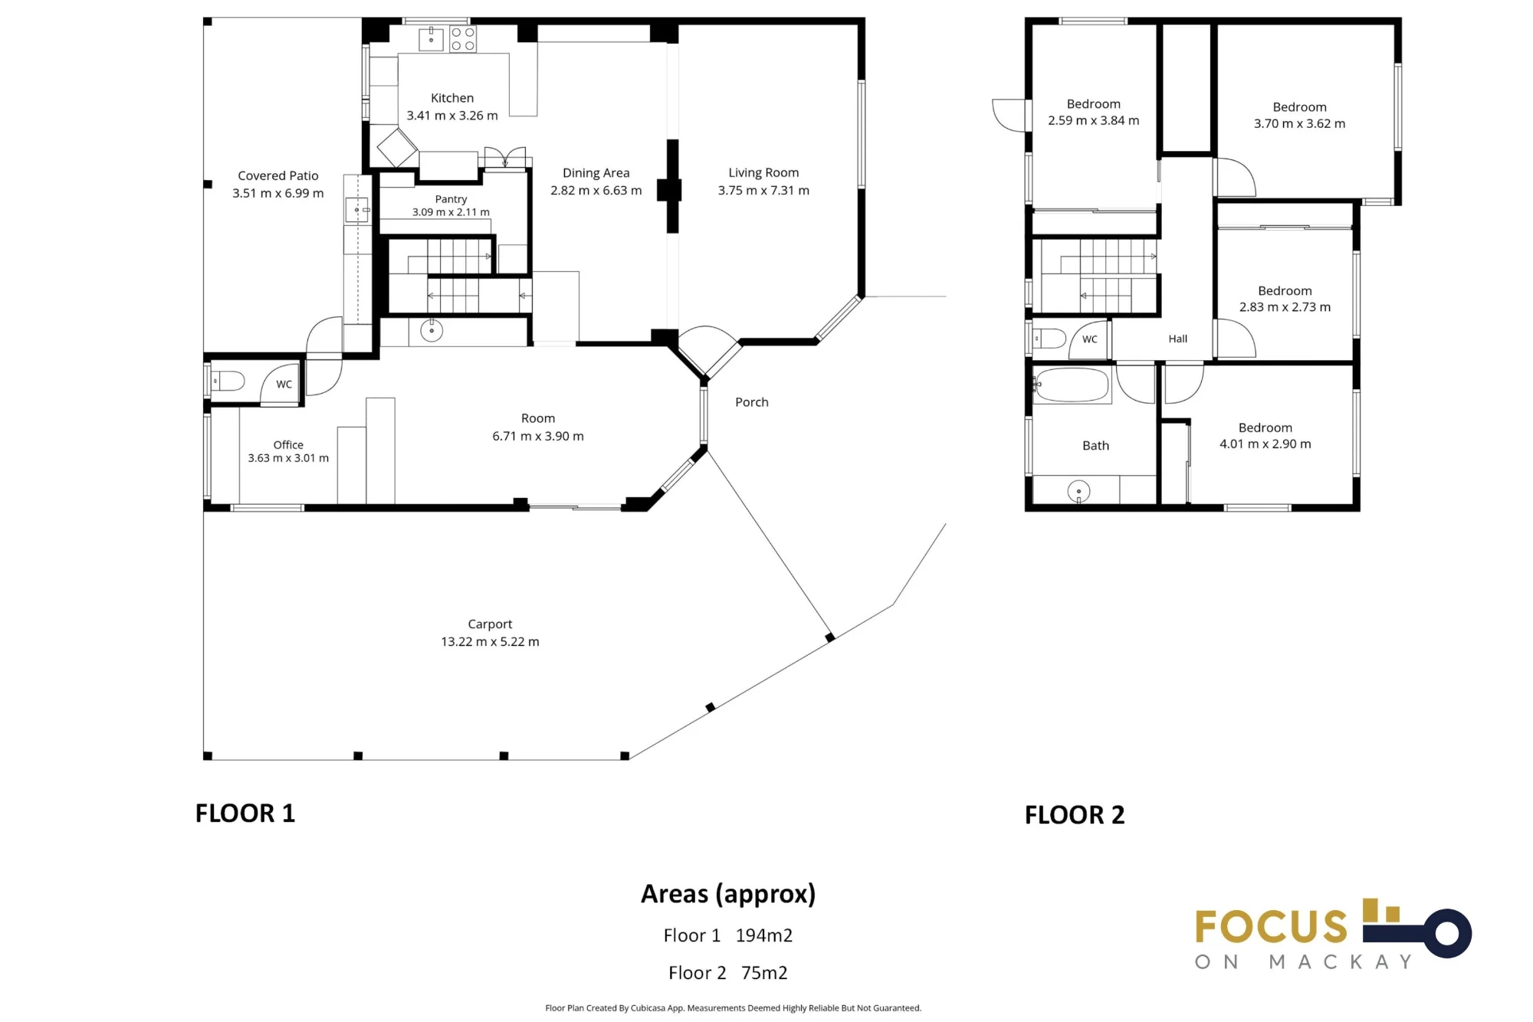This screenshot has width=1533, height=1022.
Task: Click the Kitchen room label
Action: tap(452, 98)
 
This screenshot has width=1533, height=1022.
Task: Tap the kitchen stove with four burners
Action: tap(463, 39)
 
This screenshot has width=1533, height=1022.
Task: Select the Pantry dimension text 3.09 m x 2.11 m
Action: tap(451, 212)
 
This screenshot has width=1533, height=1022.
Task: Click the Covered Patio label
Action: tap(277, 175)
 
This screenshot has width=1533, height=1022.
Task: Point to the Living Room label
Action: tap(763, 172)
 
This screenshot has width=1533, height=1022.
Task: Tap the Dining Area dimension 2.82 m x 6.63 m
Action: tap(596, 190)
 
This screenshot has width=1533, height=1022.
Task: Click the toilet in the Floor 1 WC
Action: tap(228, 381)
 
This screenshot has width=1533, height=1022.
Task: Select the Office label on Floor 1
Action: tap(288, 444)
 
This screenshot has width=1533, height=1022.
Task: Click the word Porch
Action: tap(751, 402)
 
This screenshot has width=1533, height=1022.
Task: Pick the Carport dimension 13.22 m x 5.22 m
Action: tap(490, 641)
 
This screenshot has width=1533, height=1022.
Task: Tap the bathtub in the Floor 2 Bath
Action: tap(1071, 385)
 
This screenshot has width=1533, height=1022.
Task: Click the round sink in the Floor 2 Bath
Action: tap(1078, 491)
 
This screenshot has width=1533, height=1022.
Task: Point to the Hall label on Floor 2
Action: tap(1177, 339)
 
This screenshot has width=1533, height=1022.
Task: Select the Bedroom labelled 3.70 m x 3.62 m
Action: tap(1299, 107)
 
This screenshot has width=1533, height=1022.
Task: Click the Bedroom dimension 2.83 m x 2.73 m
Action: tap(1285, 307)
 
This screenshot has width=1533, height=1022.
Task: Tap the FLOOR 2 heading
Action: tap(1075, 815)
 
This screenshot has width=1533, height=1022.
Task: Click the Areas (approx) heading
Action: tap(728, 894)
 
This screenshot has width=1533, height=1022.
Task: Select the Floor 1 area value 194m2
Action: tap(764, 935)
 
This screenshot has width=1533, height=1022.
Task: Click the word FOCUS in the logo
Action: tap(1271, 927)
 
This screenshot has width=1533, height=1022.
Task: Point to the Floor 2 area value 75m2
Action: tap(764, 973)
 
